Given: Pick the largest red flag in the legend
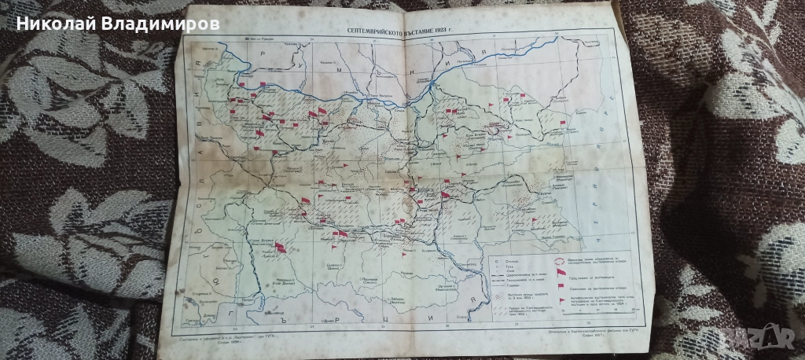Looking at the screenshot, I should [560, 274].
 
